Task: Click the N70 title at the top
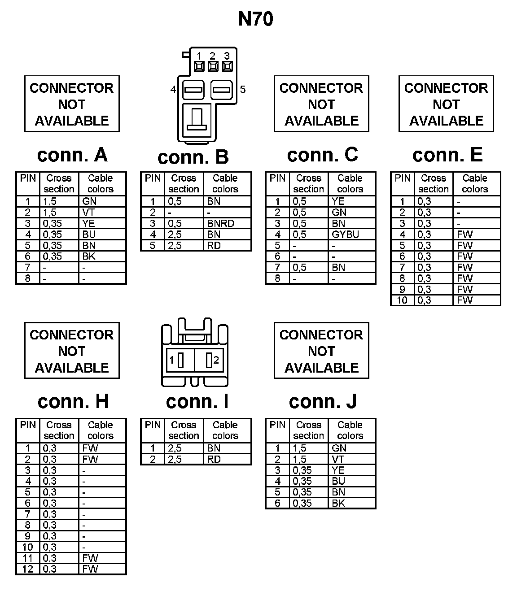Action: pyautogui.click(x=255, y=19)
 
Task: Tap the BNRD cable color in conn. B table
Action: pyautogui.click(x=220, y=223)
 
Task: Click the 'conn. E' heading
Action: pyautogui.click(x=447, y=155)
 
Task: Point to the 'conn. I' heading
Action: pyautogui.click(x=197, y=401)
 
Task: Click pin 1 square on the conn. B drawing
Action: pyautogui.click(x=199, y=67)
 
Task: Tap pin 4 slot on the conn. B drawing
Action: pyautogui.click(x=193, y=90)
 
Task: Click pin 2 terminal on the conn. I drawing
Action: pyautogui.click(x=209, y=360)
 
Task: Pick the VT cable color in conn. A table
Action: pyautogui.click(x=88, y=213)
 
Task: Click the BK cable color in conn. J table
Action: pyautogui.click(x=338, y=503)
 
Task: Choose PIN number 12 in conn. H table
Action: pyautogui.click(x=28, y=569)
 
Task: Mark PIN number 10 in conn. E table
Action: pyautogui.click(x=402, y=300)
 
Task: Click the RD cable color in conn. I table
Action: pyautogui.click(x=214, y=459)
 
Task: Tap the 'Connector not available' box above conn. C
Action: pyautogui.click(x=321, y=104)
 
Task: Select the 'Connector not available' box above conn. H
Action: pyautogui.click(x=72, y=351)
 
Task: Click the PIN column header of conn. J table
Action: pyautogui.click(x=277, y=425)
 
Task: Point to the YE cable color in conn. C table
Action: pyautogui.click(x=338, y=201)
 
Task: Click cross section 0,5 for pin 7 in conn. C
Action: pyautogui.click(x=299, y=268)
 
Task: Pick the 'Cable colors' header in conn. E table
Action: pyautogui.click(x=474, y=183)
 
